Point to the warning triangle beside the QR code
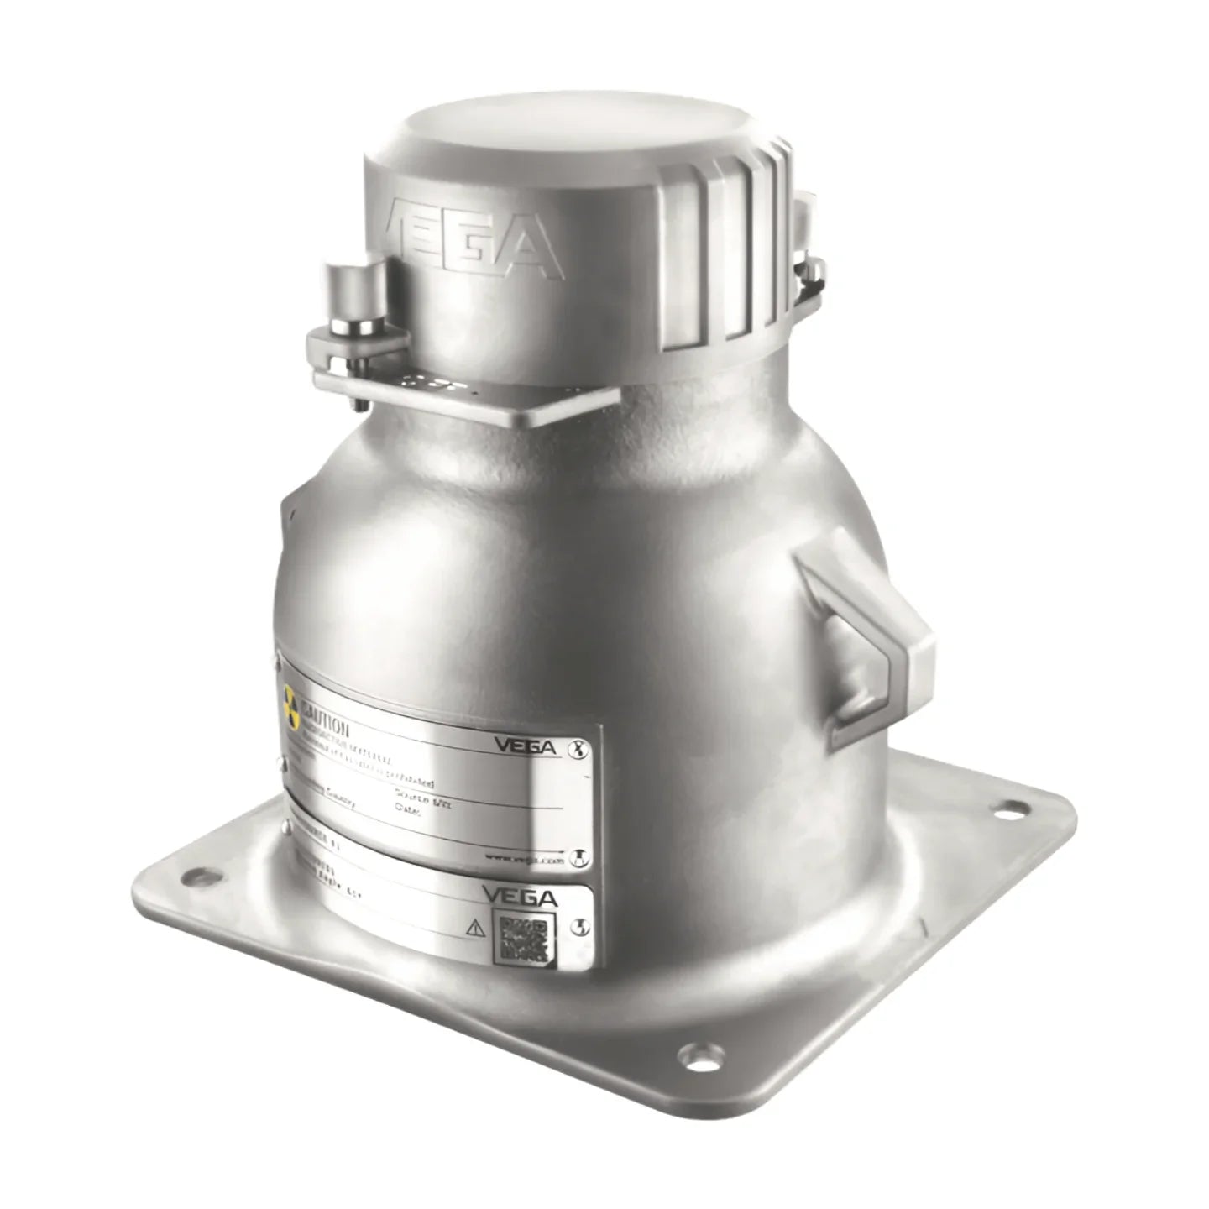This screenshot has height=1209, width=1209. tap(475, 928)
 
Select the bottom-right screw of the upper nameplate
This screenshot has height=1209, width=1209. tap(578, 856)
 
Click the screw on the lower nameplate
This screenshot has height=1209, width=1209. tap(578, 925)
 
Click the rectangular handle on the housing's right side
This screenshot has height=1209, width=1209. tap(865, 646)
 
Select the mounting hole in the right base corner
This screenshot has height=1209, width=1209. tap(1009, 808)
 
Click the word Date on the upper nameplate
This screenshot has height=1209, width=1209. tap(407, 810)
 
